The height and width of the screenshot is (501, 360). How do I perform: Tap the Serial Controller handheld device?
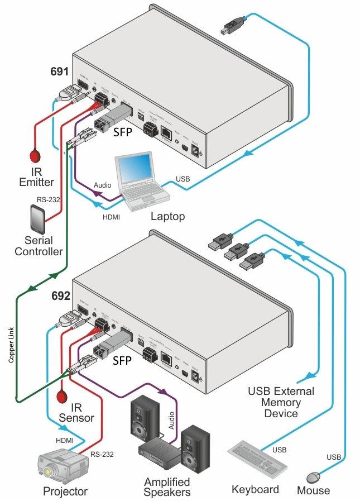37,220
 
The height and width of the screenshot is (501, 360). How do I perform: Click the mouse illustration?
314,478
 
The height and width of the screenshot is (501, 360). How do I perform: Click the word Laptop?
167,216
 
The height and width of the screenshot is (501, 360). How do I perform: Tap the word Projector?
65,492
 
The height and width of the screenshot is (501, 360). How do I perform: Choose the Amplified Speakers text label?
167,486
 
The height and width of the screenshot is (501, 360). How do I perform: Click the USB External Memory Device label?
281,402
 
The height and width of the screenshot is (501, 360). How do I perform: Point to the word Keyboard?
255,490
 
